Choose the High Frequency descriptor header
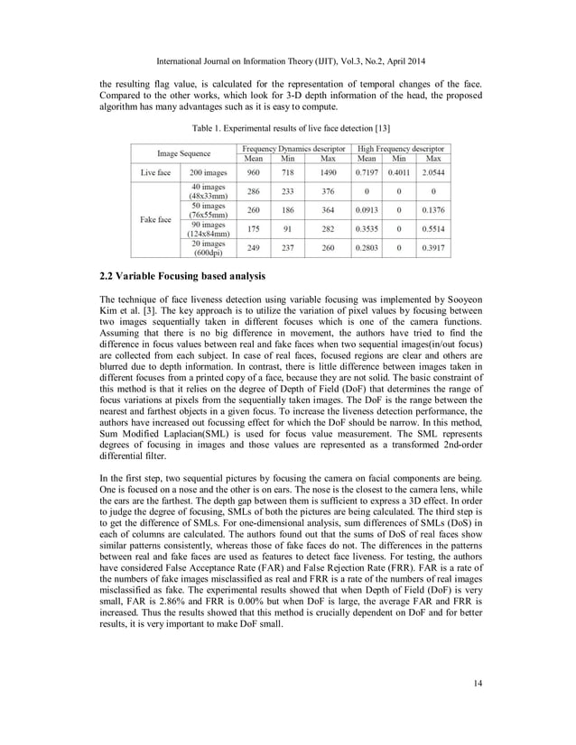404,146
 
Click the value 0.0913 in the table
364,209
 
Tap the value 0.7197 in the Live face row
364,171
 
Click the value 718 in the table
288,171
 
